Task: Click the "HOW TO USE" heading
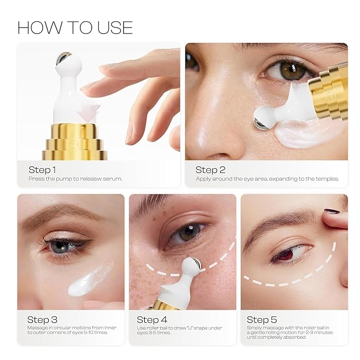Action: (75, 27)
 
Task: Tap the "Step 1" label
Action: (42, 170)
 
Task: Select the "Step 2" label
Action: (210, 170)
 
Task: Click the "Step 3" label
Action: (42, 320)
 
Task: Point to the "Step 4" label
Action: (152, 320)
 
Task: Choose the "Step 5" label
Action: (261, 320)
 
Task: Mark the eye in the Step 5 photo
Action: (286, 253)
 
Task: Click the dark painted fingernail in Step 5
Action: (332, 211)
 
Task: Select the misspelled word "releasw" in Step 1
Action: (87, 179)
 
